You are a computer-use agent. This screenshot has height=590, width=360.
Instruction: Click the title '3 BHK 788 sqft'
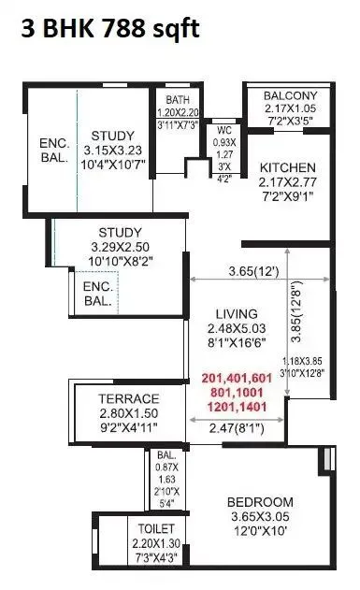tap(110, 29)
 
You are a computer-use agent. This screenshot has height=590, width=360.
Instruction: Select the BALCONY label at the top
tap(291, 96)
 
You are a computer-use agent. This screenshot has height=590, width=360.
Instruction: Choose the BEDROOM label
tap(261, 502)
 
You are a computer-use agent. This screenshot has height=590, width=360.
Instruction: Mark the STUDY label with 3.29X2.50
tap(120, 233)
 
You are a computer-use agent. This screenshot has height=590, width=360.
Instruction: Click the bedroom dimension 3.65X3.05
tap(261, 517)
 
